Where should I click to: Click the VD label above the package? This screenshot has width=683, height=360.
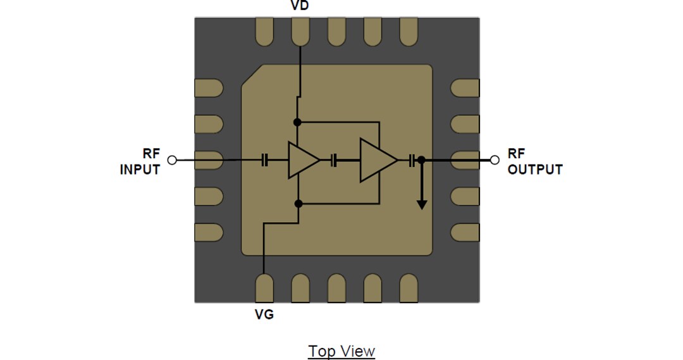[x=300, y=6]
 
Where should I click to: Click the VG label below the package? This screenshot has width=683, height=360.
[x=264, y=314]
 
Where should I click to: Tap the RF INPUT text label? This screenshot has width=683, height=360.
[x=140, y=162]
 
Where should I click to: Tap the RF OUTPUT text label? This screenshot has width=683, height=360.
[x=534, y=162]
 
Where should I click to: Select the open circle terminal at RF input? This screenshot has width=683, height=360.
[x=172, y=160]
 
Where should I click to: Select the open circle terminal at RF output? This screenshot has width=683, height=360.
[x=495, y=160]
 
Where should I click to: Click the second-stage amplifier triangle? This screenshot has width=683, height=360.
[x=377, y=161]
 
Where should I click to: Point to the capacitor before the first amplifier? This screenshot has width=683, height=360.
[x=266, y=161]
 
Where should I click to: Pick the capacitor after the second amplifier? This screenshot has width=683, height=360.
[x=412, y=161]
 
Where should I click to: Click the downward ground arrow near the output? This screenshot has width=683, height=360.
[x=422, y=202]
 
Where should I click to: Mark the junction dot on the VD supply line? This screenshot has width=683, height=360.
[x=298, y=121]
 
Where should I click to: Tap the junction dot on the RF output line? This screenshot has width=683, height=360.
[x=422, y=161]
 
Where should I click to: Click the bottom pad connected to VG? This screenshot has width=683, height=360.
[x=264, y=288]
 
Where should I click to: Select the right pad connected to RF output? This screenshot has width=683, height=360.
[x=465, y=160]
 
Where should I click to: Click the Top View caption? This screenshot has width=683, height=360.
[x=341, y=351]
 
